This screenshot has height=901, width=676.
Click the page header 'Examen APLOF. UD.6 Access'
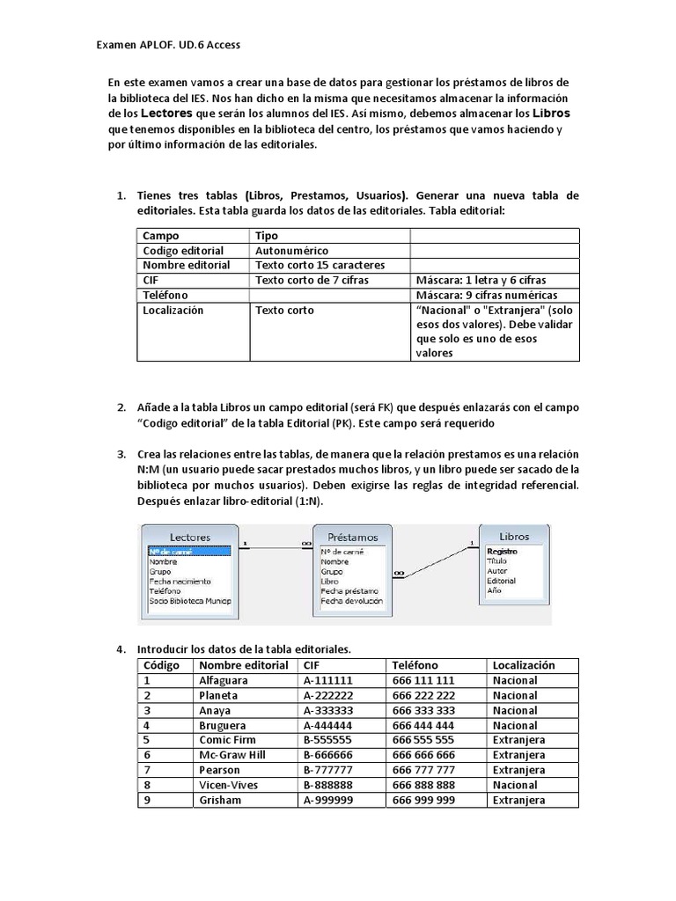click(x=166, y=45)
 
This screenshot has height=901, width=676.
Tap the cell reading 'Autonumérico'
click(x=291, y=251)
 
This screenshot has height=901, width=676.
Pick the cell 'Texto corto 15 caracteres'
click(x=320, y=265)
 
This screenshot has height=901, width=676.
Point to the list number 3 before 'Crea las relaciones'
click(x=121, y=454)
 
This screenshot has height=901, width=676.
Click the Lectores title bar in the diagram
click(x=189, y=536)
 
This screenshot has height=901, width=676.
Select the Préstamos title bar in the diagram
click(x=352, y=536)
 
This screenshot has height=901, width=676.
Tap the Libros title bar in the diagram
click(x=514, y=536)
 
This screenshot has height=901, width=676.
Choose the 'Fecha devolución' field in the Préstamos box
click(x=352, y=601)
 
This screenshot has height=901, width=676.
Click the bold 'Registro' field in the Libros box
click(x=502, y=552)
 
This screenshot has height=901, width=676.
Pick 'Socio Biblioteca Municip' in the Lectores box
click(x=190, y=601)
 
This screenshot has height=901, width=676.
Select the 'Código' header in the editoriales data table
click(x=161, y=665)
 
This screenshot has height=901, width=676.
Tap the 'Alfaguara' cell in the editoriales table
click(x=224, y=680)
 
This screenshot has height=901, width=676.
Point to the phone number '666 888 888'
click(x=423, y=785)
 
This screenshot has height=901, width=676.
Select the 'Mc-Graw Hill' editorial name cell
click(x=231, y=755)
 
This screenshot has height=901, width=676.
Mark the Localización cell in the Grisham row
click(x=518, y=800)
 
